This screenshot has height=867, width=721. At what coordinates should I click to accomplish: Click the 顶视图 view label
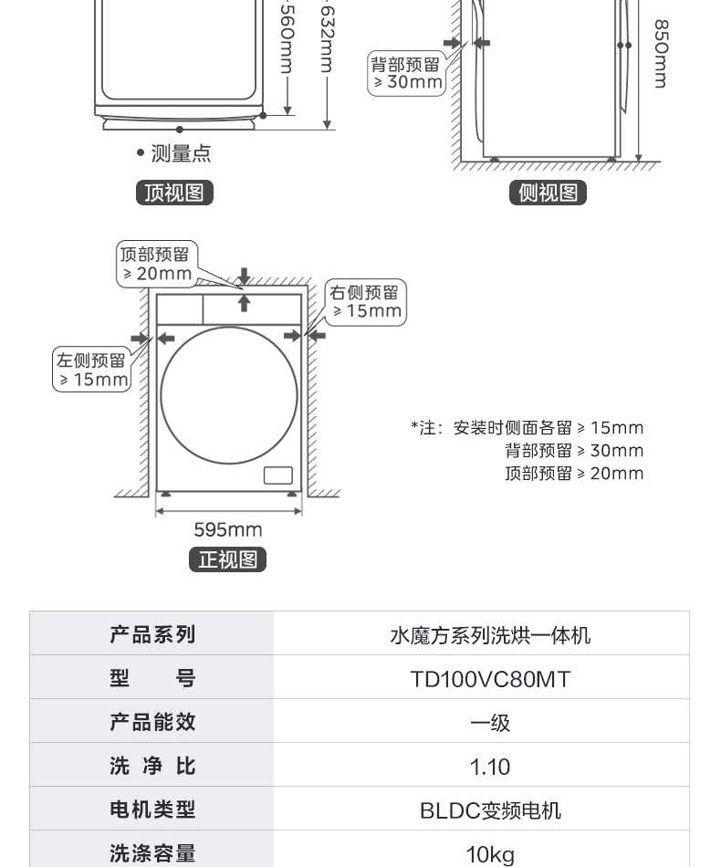174,193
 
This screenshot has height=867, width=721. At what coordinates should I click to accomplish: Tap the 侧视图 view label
548,193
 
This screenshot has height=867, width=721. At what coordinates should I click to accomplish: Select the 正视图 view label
228,559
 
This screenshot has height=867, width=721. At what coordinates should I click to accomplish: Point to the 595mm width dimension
228,529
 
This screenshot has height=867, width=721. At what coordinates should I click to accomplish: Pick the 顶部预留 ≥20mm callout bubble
157,264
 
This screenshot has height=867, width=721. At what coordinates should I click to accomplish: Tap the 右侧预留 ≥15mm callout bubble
365,302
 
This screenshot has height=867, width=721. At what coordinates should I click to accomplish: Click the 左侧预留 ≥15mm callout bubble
92,370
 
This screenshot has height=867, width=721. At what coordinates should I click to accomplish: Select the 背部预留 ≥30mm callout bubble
406,73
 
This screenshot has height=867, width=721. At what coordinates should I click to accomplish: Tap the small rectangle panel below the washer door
278,475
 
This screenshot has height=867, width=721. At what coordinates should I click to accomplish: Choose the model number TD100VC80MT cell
490,679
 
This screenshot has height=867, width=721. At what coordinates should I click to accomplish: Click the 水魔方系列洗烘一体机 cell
490,635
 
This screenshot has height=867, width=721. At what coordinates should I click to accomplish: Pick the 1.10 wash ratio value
490,767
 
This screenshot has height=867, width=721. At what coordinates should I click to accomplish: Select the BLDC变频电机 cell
490,810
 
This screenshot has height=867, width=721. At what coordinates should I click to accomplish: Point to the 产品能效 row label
152,722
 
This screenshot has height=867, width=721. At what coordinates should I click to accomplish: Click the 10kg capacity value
490,855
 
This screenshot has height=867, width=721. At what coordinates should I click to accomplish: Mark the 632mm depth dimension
327,37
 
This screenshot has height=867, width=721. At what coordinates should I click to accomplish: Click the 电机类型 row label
152,810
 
